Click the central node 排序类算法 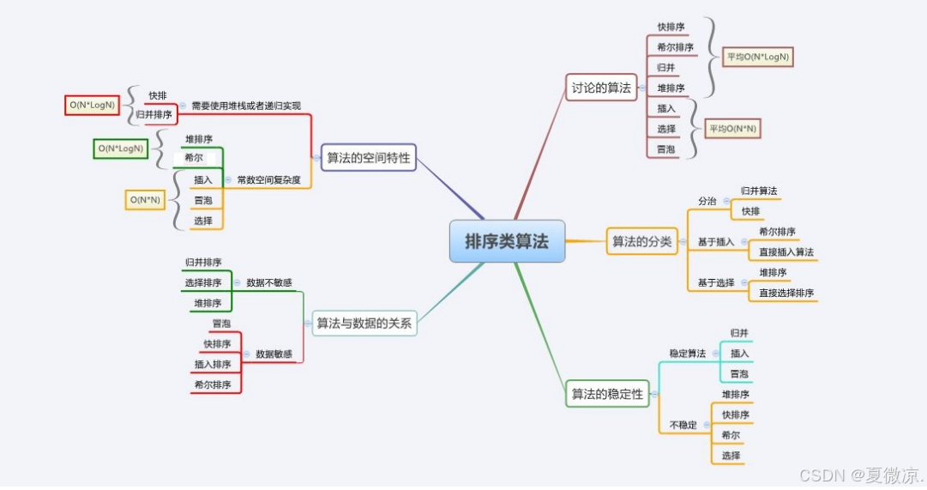(507, 241)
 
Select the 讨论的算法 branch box (600, 87)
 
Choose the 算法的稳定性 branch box (606, 394)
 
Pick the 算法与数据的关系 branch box (364, 324)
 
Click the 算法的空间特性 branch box (369, 158)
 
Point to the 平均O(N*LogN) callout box (757, 57)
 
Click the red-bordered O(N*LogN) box (93, 106)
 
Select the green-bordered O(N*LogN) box (120, 148)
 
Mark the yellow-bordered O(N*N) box (145, 200)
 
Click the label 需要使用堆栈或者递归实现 (246, 106)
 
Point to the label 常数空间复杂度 (268, 180)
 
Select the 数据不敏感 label (268, 282)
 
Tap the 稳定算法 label (688, 354)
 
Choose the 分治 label (707, 201)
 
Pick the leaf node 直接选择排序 (786, 293)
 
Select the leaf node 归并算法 (759, 191)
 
